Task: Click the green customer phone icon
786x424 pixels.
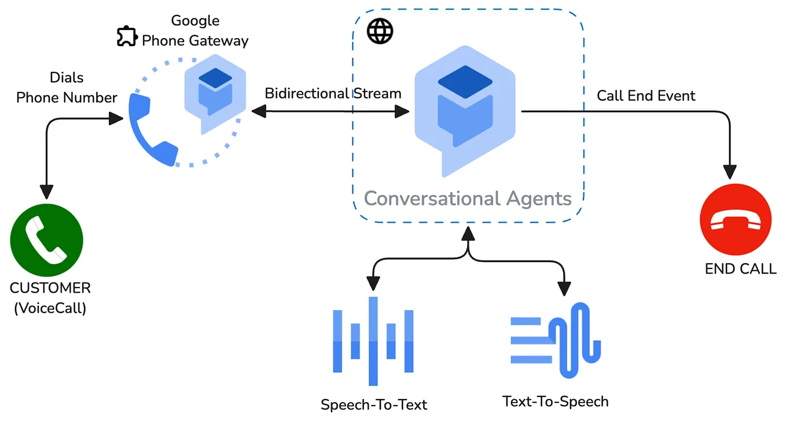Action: (47, 239)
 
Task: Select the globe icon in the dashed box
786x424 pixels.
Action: (380, 31)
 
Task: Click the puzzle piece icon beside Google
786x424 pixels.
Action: (126, 36)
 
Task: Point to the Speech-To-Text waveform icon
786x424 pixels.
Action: (373, 341)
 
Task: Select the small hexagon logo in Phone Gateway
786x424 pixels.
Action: (215, 94)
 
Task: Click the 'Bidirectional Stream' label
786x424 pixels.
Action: (333, 94)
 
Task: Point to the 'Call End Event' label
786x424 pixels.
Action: (646, 95)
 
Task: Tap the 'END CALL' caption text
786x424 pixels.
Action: (740, 269)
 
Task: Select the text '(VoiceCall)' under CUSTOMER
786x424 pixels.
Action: (50, 308)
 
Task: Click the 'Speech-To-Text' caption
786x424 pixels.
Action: (374, 404)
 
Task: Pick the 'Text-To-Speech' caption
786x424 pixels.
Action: (555, 401)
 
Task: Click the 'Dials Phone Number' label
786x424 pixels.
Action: (67, 88)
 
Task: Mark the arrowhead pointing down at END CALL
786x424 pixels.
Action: (730, 171)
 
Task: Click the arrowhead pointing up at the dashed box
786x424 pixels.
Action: (468, 233)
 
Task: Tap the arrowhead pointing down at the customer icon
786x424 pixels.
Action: (46, 192)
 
